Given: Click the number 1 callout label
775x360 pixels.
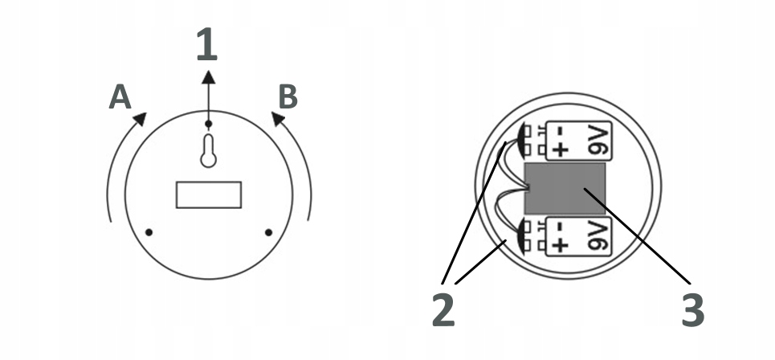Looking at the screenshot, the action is tap(207, 45).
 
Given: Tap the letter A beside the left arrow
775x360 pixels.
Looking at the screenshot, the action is tap(120, 97).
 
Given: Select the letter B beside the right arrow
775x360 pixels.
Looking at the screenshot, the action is tap(288, 96).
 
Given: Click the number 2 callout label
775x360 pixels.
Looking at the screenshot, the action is tap(443, 311).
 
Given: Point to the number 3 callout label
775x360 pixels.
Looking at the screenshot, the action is tap(693, 311).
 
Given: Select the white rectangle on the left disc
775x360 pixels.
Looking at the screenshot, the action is tap(209, 195).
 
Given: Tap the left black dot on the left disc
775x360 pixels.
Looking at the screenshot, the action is tap(149, 233).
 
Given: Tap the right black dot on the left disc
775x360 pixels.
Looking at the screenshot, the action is tap(268, 233).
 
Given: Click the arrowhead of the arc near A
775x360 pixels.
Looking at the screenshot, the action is tap(140, 119).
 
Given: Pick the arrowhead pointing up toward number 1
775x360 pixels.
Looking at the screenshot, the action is tap(208, 76).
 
